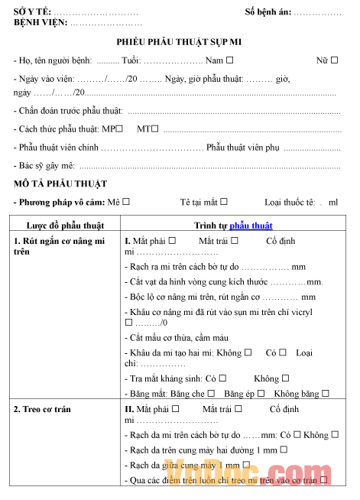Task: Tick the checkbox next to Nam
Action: click(x=230, y=60)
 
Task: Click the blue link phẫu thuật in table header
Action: click(x=251, y=226)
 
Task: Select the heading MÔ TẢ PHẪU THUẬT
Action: click(x=60, y=183)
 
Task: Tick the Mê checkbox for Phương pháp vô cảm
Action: click(x=126, y=202)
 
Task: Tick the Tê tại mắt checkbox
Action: click(x=224, y=202)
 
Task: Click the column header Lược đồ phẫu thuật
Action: click(x=65, y=226)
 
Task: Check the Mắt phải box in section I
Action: click(x=172, y=240)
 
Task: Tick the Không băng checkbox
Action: click(x=325, y=393)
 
